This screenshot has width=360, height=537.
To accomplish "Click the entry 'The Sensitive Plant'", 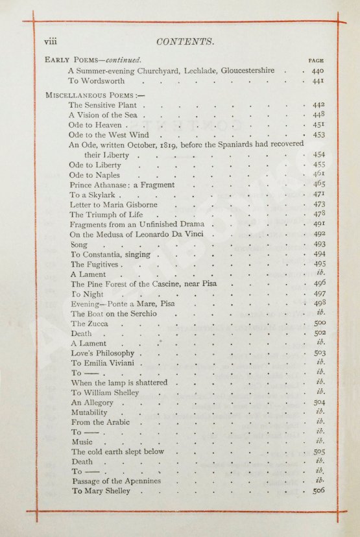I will coord(104,104).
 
